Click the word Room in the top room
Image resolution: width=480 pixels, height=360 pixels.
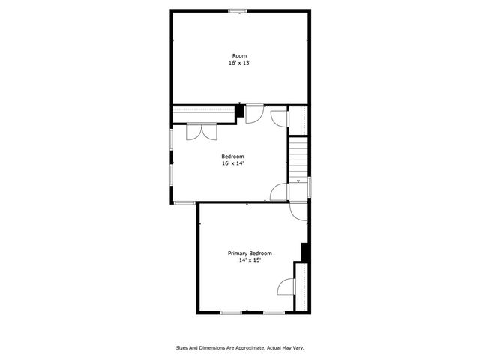point(239,56)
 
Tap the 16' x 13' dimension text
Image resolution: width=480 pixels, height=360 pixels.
point(239,63)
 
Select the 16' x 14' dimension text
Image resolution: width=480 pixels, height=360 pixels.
point(232,163)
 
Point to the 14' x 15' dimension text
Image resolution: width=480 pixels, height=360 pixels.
point(250,260)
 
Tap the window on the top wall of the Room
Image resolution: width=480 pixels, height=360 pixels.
point(238,10)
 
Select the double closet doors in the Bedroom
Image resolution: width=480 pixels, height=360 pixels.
point(200,130)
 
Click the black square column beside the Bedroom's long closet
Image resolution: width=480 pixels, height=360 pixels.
point(240,112)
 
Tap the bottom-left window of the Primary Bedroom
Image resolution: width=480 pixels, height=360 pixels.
point(230,312)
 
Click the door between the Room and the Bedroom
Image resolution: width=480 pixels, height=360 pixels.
point(255,112)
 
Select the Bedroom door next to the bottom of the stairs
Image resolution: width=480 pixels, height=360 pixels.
point(279,192)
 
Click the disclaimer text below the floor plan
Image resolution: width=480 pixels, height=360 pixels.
point(240,348)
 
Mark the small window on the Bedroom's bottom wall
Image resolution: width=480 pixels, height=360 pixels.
point(184,202)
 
